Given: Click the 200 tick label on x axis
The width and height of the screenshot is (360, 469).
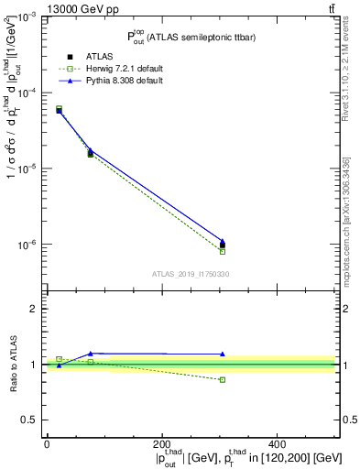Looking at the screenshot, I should click(162, 443).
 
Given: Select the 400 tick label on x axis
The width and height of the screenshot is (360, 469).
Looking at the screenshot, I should click(278, 443).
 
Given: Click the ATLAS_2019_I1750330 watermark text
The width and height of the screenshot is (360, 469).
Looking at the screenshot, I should click(191, 274).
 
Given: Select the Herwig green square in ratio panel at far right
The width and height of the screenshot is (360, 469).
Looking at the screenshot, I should click(222, 379).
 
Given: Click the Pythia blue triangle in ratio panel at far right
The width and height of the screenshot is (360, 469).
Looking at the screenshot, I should click(222, 354).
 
